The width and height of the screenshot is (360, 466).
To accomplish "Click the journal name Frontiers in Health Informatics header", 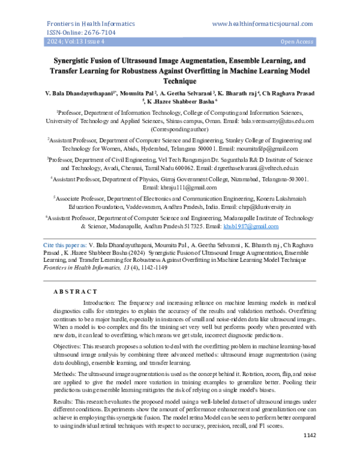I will pyautogui.click(x=82, y=23).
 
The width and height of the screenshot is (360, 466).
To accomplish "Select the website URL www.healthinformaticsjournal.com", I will pyautogui.click(x=262, y=23).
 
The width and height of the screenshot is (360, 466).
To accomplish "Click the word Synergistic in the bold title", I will pyautogui.click(x=79, y=61).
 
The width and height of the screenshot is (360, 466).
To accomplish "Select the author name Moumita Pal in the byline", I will pyautogui.click(x=137, y=94).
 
